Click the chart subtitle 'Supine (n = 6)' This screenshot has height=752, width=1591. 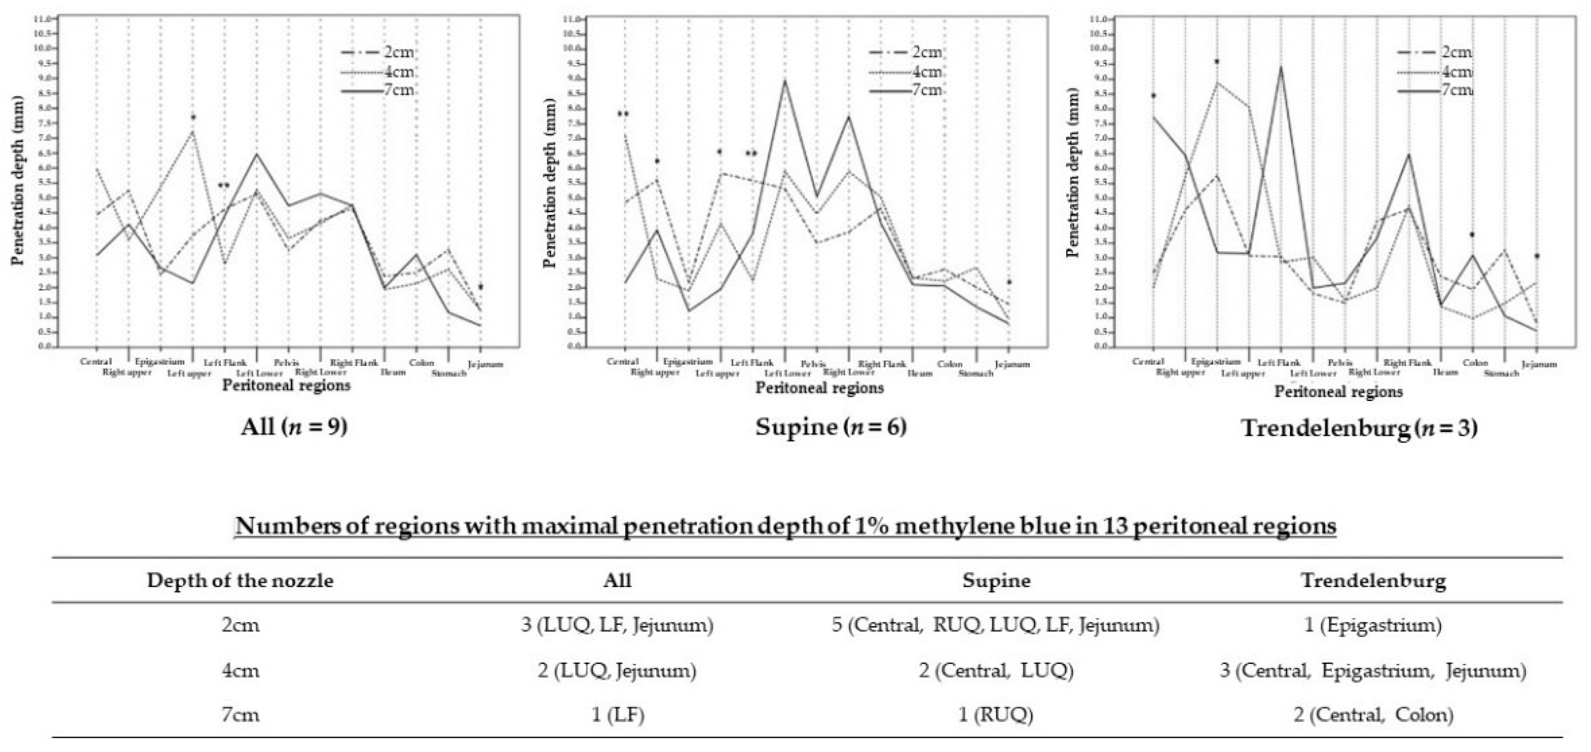click(x=831, y=427)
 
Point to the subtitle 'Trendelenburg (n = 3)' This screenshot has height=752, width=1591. click(x=1359, y=427)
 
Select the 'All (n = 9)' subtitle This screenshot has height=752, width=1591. click(x=294, y=427)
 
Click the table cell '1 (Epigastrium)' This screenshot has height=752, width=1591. click(x=1373, y=625)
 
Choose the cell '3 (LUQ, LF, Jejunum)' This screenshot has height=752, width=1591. click(x=617, y=625)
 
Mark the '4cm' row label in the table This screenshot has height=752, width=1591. click(x=241, y=670)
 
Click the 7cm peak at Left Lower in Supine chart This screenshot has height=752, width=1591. click(x=785, y=79)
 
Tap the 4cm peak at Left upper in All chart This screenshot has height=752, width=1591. click(x=193, y=131)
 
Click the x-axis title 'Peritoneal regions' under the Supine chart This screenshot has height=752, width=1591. click(x=820, y=388)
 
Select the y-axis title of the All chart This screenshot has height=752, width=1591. click(x=17, y=180)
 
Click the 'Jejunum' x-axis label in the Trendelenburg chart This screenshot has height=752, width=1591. click(x=1539, y=364)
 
